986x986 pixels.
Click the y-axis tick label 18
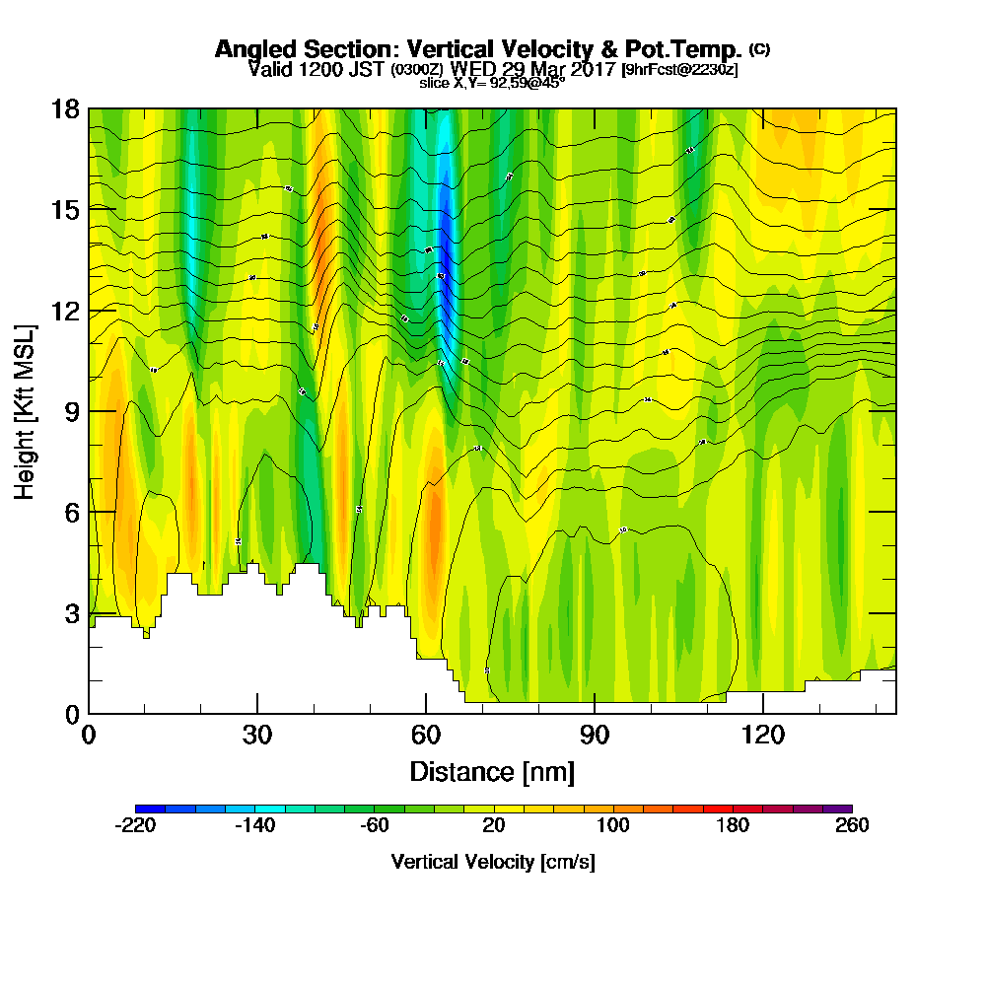pos(65,108)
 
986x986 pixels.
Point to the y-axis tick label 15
pos(65,209)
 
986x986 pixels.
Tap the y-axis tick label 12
pos(65,311)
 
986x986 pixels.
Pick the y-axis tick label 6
pos(72,512)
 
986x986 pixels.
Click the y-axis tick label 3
pos(72,613)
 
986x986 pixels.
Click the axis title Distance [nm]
pos(492,770)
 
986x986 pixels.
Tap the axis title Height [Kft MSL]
pos(26,410)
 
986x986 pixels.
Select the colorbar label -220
pos(136,826)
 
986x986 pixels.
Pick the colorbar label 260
pos(851,826)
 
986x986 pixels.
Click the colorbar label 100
pos(612,826)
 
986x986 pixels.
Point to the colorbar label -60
pos(374,826)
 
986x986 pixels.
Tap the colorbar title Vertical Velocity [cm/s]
pos(493,862)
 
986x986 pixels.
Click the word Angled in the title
pos(252,49)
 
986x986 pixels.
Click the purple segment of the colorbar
pos(837,809)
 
